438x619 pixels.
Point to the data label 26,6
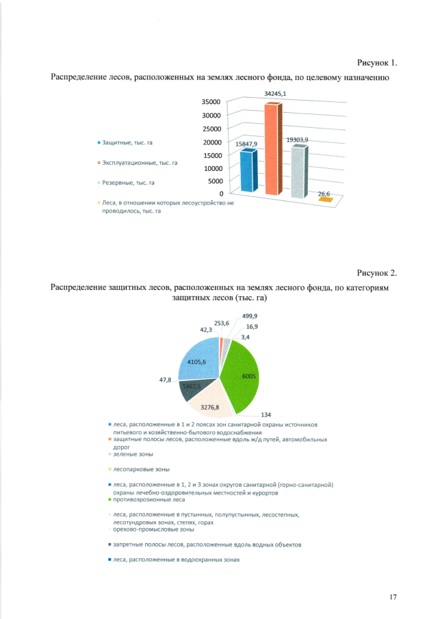pyautogui.click(x=324, y=194)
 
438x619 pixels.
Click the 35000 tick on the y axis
pyautogui.click(x=209, y=101)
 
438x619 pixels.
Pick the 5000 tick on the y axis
pyautogui.click(x=213, y=181)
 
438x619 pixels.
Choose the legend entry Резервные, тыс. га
pyautogui.click(x=128, y=183)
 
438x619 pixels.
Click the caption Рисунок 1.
pyautogui.click(x=378, y=63)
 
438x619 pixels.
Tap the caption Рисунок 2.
pyautogui.click(x=378, y=273)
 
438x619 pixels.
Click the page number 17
pyautogui.click(x=393, y=597)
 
